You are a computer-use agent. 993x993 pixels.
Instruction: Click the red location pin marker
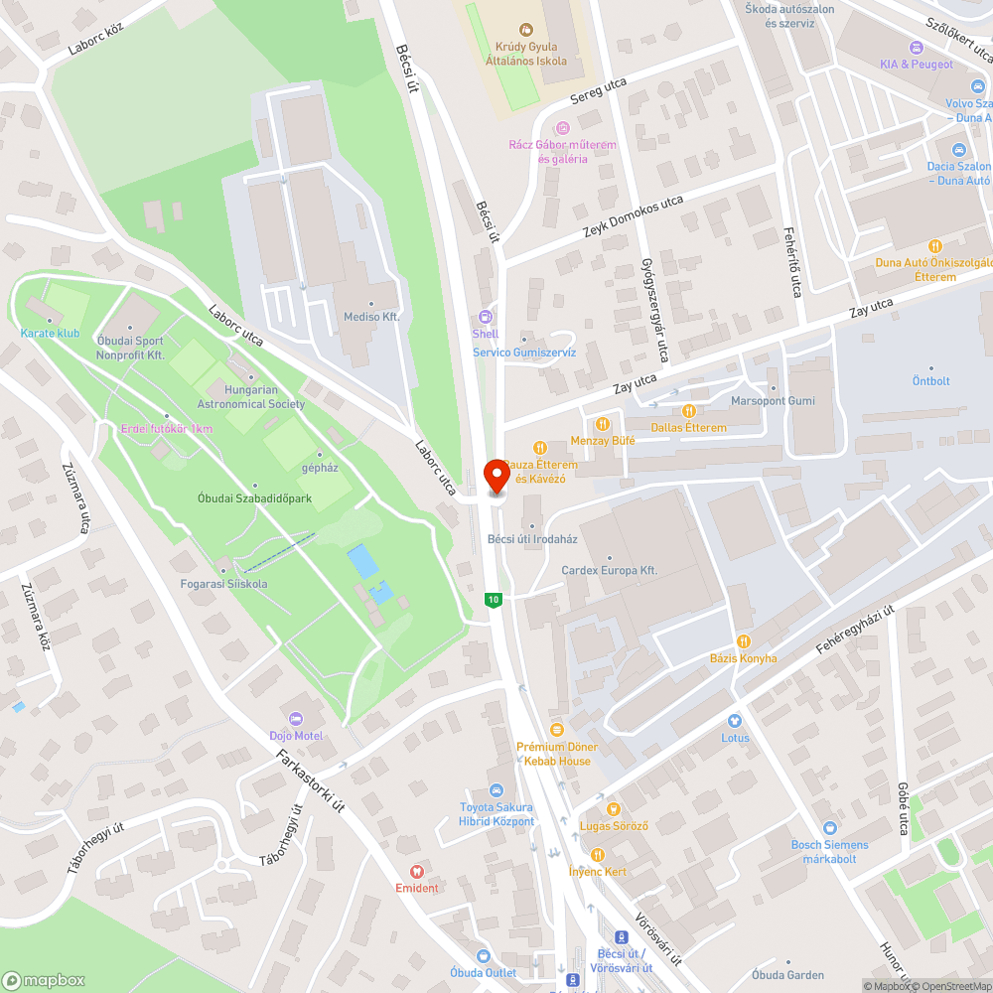pos(496,476)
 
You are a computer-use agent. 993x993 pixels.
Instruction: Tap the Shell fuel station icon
pos(486,318)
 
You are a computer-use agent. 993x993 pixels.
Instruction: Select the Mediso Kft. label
pos(370,317)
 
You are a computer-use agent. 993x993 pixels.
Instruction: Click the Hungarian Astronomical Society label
pos(251,397)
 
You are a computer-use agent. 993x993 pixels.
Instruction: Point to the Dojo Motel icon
pos(295,718)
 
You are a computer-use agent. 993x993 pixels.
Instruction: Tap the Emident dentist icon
pos(416,870)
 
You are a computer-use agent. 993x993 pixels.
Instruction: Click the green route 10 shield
pos(493,600)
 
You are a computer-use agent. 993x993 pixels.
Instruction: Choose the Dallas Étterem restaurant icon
pos(688,410)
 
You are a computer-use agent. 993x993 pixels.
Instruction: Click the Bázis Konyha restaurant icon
pos(744,641)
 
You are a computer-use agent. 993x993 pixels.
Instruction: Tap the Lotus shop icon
pos(735,720)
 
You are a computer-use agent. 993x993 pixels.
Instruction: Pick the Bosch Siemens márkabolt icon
pos(829,827)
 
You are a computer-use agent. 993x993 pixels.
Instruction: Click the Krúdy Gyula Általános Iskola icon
pos(526,31)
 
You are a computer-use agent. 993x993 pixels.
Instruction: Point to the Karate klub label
pos(50,334)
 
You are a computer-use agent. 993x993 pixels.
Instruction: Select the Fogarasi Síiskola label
pos(223,584)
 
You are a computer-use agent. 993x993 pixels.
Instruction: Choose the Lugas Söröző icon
pos(614,808)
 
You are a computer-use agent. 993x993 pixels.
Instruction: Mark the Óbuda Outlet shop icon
pos(484,955)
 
